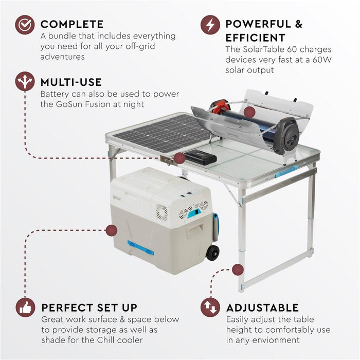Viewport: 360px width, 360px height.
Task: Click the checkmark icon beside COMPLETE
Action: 24,25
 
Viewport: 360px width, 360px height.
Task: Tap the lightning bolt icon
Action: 210,25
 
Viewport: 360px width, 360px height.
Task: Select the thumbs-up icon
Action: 25,307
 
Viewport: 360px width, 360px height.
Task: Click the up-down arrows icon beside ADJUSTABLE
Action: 210,307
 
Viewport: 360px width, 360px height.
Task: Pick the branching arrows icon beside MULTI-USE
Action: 25,82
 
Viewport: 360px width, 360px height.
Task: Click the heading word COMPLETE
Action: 72,24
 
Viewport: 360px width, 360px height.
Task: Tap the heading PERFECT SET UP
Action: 89,308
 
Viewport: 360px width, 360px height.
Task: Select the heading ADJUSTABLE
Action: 262,308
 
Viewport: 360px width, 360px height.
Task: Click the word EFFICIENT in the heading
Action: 255,38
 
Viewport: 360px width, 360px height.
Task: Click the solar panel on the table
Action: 157,133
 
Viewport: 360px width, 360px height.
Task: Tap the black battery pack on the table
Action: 201,157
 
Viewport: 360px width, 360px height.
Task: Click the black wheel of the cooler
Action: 212,253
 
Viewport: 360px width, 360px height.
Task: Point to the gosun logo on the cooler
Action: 117,198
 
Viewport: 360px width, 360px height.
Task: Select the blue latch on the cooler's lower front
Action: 140,248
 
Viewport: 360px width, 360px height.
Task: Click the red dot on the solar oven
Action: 249,112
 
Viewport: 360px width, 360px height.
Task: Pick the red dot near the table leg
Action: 237,269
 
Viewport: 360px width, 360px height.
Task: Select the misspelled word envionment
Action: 275,339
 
